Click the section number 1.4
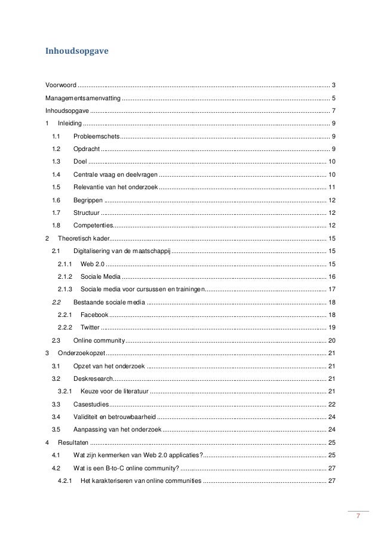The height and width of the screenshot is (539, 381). point(57,174)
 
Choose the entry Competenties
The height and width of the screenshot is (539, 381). point(93,225)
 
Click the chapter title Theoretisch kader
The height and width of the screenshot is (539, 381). point(83,238)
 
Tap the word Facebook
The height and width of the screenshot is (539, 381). point(94,315)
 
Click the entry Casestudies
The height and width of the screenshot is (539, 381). point(91,404)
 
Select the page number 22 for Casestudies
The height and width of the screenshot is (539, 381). point(331,404)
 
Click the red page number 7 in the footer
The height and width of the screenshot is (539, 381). point(358,516)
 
